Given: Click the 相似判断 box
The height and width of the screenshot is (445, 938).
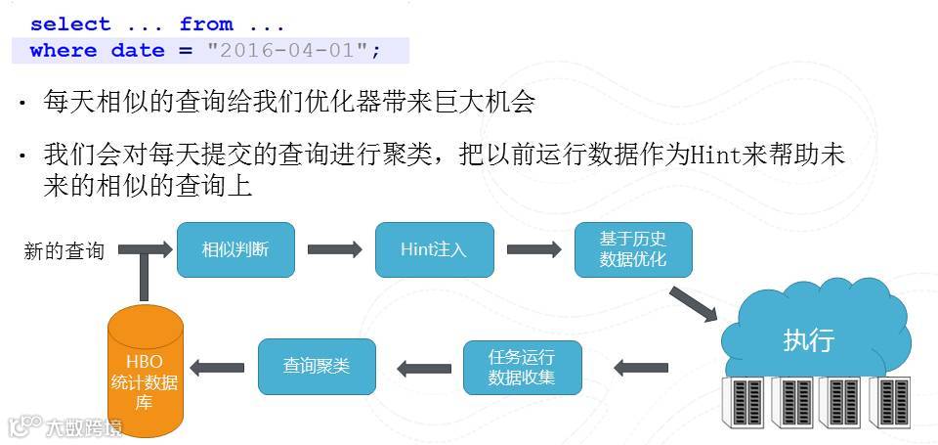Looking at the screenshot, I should click(x=234, y=249).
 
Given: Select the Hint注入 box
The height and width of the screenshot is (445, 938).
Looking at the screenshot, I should click(x=434, y=249).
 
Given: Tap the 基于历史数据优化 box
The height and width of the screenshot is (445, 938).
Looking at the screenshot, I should click(x=633, y=249).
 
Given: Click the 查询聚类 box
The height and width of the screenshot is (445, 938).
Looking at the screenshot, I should click(x=316, y=366).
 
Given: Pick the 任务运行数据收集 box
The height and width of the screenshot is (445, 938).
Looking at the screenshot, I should click(x=522, y=367).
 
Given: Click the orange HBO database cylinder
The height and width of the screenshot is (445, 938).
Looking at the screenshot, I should click(x=144, y=372).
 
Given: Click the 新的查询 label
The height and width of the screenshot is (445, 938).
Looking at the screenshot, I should click(x=64, y=251).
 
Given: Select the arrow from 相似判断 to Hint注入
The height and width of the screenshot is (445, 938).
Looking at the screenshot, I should click(x=334, y=249).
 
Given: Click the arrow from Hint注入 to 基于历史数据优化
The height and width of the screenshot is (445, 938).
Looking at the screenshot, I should click(x=533, y=249).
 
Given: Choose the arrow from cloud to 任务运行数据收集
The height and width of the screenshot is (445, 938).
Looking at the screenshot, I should click(x=641, y=368).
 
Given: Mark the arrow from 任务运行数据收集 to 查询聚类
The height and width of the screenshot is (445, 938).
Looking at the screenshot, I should click(x=424, y=368).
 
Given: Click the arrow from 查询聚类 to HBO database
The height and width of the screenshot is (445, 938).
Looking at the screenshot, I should click(x=217, y=368).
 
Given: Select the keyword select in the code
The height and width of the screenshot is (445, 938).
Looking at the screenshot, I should click(x=70, y=24).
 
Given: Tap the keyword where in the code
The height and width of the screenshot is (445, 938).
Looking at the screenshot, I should click(x=63, y=50).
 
